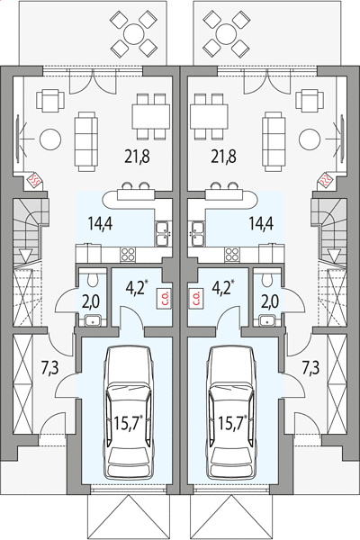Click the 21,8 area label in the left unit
tap(137, 157)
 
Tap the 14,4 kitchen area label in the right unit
tap(262, 223)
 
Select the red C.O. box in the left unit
tap(163, 298)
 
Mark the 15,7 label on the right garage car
tap(232, 423)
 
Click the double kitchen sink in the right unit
tap(198, 234)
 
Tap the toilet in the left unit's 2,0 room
tap(94, 279)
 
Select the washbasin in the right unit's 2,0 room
tap(267, 320)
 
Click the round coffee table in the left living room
tap(50, 139)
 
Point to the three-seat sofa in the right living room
tap(274, 141)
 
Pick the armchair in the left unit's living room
tap(50, 101)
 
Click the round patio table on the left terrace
tap(134, 34)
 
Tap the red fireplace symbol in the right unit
tap(325, 179)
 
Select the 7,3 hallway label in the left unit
tap(50, 368)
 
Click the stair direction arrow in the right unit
tap(334, 256)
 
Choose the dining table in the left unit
tap(151, 116)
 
